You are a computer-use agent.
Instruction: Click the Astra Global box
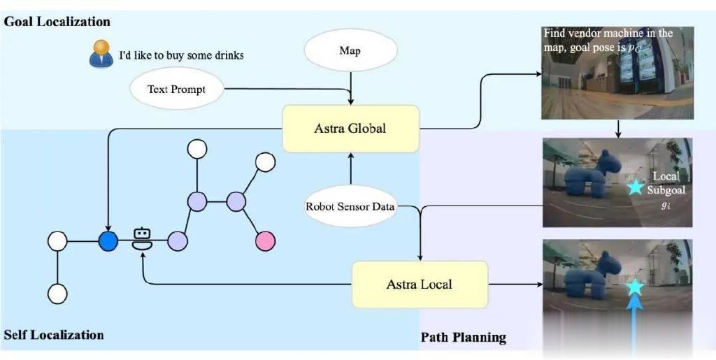click(351, 129)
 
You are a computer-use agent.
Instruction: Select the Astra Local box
click(420, 285)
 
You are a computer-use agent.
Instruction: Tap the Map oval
click(350, 50)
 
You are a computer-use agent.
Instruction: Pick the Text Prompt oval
click(177, 89)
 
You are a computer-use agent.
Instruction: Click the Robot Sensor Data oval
click(350, 206)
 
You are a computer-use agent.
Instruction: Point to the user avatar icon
click(101, 53)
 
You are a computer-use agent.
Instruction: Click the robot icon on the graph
click(142, 238)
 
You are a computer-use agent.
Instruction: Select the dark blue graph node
click(108, 241)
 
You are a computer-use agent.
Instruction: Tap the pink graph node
click(266, 241)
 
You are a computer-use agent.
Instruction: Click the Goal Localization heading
click(57, 22)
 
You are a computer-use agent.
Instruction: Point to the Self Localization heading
click(54, 335)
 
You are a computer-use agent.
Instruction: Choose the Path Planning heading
click(464, 338)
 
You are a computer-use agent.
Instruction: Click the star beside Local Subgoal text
click(633, 188)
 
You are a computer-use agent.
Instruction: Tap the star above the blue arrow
click(635, 287)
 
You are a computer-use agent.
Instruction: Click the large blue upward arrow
click(634, 326)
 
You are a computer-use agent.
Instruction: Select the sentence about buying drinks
click(181, 55)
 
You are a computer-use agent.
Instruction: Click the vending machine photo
click(618, 73)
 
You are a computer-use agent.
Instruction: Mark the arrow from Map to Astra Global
click(350, 87)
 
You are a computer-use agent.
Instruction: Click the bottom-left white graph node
click(57, 294)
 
